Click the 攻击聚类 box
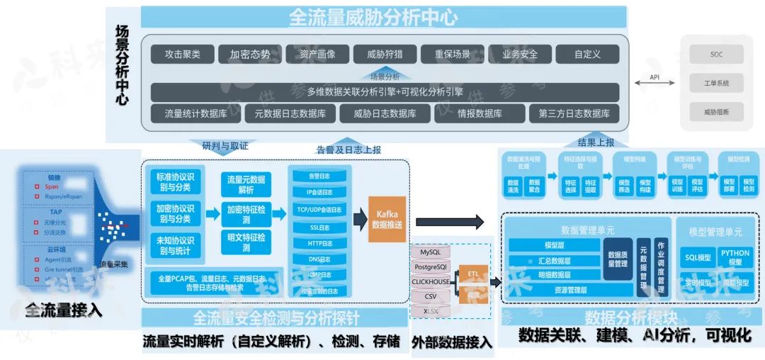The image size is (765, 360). coord(182,55)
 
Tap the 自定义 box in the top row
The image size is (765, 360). coord(587,55)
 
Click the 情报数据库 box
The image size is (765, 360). coord(478,113)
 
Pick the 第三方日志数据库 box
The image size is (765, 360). coord(574,113)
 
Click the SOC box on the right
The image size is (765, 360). coord(716,55)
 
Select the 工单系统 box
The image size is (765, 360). coord(716,84)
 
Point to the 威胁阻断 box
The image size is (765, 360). coord(716,112)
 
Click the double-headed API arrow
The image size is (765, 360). coord(654,84)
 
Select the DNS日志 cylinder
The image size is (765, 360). coord(319,260)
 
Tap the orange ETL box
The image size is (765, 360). coord(473,273)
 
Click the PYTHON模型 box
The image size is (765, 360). coord(735,257)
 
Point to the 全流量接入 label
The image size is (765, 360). coord(64,310)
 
